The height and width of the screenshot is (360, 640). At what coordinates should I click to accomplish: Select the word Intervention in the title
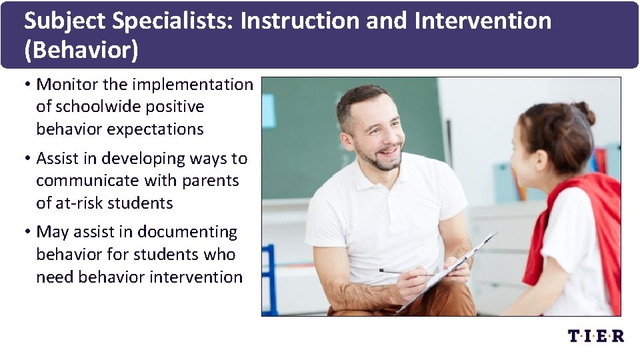[x=483, y=22]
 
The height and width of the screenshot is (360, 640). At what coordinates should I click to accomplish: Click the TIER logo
[x=595, y=335]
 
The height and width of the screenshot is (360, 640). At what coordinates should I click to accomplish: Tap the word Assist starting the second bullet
[x=58, y=159]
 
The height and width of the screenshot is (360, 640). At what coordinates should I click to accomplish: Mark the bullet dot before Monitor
[x=29, y=85]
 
